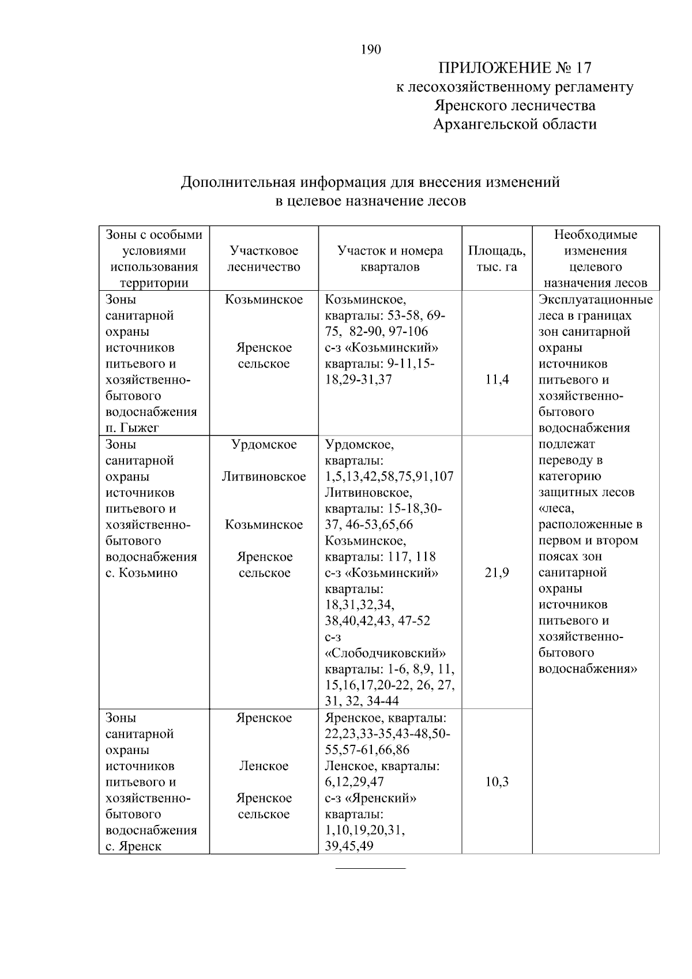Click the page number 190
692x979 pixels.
[371, 50]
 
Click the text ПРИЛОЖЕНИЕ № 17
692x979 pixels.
[515, 68]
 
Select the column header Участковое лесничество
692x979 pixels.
[264, 258]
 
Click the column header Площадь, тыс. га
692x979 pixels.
[497, 258]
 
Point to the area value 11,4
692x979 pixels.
[497, 380]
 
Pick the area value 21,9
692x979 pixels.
[497, 573]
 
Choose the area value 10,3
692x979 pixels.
[497, 782]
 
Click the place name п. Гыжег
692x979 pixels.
[132, 427]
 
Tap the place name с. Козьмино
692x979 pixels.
[141, 573]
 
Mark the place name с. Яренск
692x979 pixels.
[133, 846]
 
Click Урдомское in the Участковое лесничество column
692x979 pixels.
[264, 444]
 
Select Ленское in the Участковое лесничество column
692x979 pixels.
[264, 766]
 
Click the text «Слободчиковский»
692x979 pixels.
[385, 653]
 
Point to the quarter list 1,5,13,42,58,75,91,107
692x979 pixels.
[389, 477]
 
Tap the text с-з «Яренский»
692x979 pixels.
[371, 798]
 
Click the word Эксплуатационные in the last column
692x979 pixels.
[595, 299]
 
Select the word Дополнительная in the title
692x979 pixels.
[238, 182]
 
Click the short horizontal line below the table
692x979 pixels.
[371, 868]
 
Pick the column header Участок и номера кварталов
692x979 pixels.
[390, 258]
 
